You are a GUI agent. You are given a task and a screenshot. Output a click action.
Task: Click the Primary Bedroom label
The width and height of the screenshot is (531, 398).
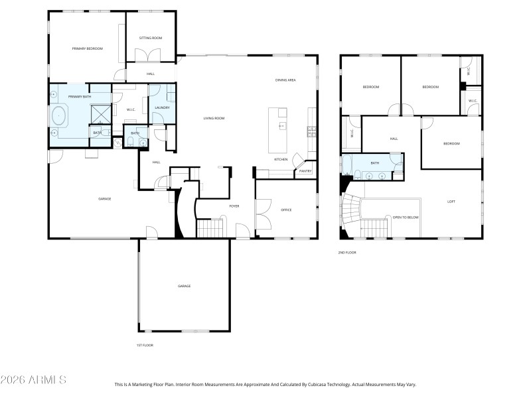click(88, 48)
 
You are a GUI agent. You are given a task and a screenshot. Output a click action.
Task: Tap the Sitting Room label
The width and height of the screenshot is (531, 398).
click(151, 38)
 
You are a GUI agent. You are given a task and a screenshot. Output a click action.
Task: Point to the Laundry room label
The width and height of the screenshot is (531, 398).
click(162, 108)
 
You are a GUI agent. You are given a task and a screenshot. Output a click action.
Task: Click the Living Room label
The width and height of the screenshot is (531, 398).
click(214, 118)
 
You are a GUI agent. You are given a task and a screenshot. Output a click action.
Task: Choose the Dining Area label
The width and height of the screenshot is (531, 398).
click(285, 80)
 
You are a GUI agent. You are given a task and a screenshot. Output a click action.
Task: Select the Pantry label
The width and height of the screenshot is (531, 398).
click(305, 171)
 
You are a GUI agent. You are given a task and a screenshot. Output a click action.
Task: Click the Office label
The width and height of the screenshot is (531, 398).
click(286, 210)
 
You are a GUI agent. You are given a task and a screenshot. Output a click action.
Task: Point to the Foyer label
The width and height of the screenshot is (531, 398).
click(234, 206)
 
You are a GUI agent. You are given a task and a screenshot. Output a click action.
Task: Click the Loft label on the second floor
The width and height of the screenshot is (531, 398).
click(451, 202)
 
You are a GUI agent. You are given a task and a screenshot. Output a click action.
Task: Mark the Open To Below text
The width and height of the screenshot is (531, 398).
click(406, 217)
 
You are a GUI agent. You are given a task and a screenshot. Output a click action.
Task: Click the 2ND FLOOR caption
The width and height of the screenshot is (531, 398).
click(347, 253)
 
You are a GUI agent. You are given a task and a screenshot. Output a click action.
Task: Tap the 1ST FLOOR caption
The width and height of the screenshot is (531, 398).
click(145, 345)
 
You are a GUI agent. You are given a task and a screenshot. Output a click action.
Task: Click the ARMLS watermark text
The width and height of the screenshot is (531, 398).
click(33, 380)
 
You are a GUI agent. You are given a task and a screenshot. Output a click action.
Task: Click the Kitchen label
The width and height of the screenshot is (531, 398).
click(281, 159)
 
